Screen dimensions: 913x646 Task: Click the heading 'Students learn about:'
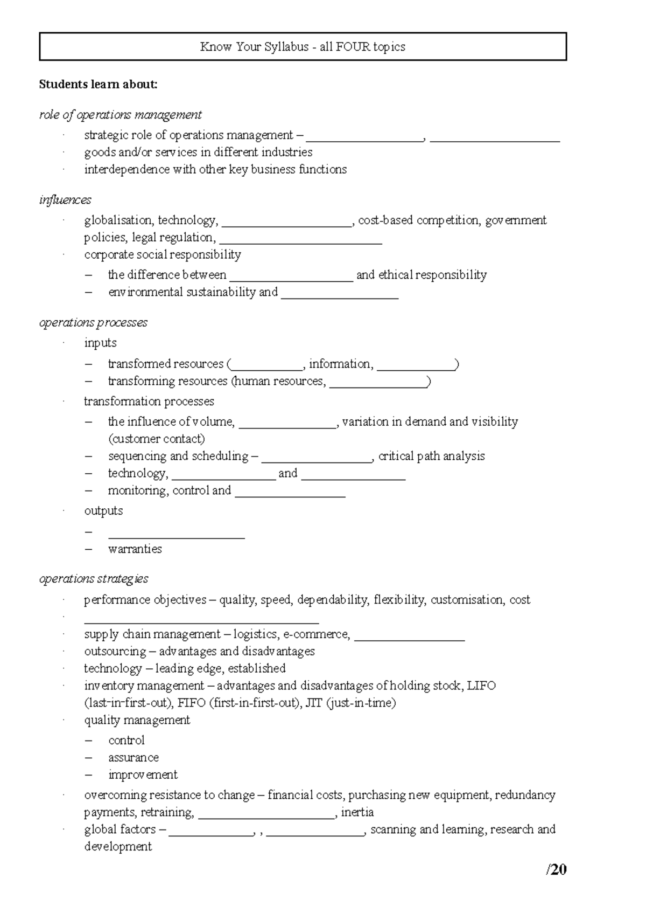tap(98, 84)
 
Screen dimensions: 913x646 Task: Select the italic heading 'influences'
tap(65, 200)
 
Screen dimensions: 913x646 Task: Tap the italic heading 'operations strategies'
tap(94, 579)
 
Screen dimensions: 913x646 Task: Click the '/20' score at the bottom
tap(556, 869)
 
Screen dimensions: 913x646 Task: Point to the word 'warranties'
tap(135, 549)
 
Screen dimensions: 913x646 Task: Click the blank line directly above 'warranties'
tap(176, 535)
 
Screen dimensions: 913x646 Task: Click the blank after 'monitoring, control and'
tap(290, 493)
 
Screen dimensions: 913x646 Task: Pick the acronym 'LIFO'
tap(481, 686)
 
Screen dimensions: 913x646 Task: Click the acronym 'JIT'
tap(314, 703)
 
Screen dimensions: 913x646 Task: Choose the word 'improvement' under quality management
tap(143, 775)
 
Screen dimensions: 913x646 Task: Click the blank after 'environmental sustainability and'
tap(339, 295)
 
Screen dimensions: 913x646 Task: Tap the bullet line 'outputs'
tap(103, 511)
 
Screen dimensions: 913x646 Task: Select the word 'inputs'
tap(100, 343)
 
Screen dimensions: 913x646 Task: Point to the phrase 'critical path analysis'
tap(431, 456)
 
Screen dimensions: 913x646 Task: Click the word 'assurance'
tap(134, 758)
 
